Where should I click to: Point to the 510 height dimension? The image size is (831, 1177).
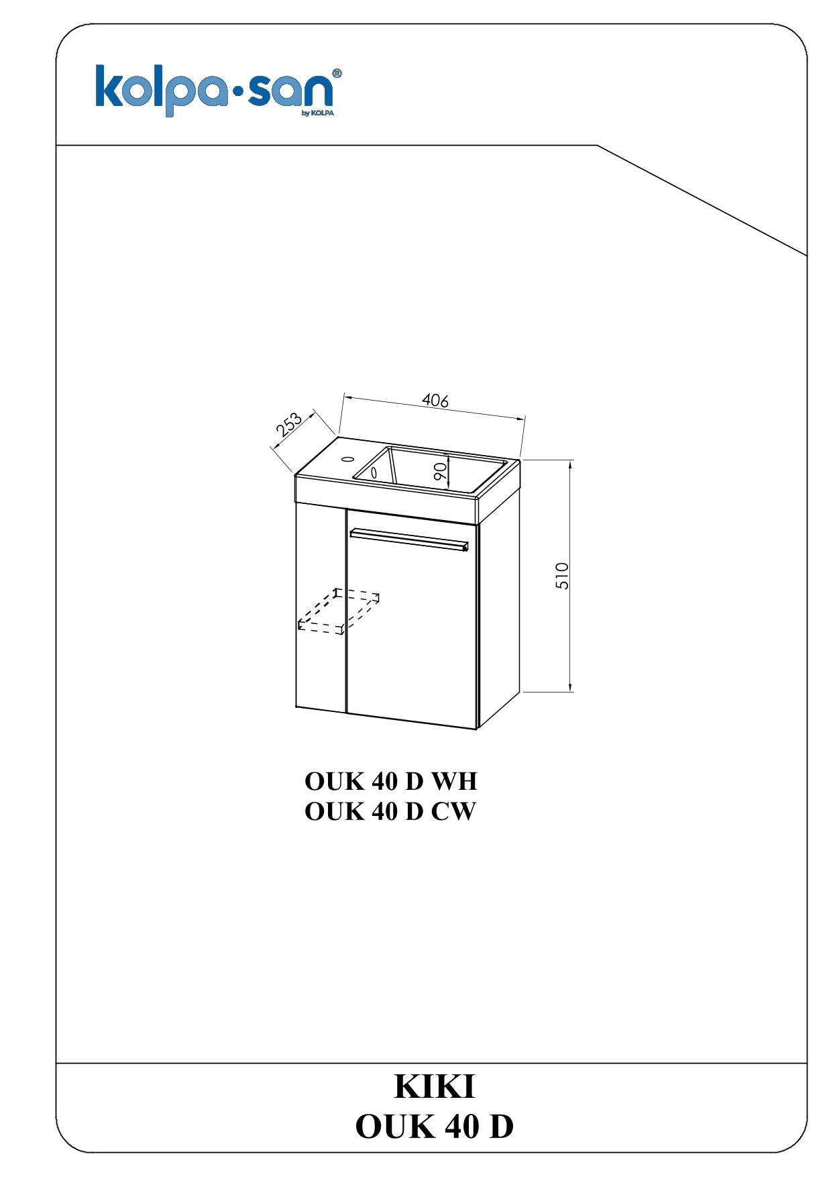(x=563, y=575)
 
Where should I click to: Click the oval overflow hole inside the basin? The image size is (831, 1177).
(x=374, y=472)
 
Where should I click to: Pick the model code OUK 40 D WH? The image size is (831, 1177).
(x=390, y=782)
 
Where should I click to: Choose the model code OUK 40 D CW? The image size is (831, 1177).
(x=390, y=812)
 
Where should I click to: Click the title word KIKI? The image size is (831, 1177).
(x=435, y=1088)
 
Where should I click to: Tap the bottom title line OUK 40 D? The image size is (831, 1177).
(x=435, y=1127)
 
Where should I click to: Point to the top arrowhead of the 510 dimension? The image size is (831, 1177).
(x=570, y=465)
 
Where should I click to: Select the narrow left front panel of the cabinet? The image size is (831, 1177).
(x=321, y=607)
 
